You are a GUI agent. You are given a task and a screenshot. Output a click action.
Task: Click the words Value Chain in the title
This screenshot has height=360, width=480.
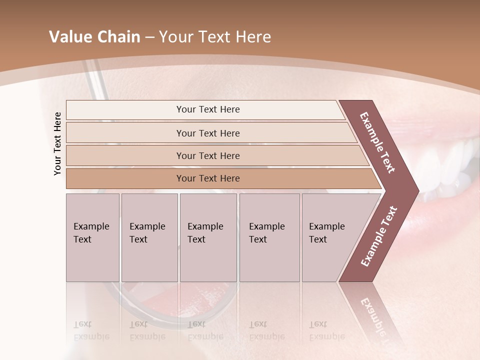[x=94, y=37]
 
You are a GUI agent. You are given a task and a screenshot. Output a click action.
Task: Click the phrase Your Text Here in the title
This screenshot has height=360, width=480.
[x=215, y=37]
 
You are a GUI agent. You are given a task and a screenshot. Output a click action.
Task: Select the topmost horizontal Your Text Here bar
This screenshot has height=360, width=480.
[x=208, y=109]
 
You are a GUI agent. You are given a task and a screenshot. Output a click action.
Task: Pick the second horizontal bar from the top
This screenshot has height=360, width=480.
[x=208, y=133]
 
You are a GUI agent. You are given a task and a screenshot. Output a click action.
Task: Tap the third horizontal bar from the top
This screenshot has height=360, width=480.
[x=208, y=155]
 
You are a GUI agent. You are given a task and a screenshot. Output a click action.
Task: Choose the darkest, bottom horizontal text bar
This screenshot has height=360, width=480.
[x=208, y=178]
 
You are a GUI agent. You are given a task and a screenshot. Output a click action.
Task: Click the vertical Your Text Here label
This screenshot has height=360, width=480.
[x=57, y=143]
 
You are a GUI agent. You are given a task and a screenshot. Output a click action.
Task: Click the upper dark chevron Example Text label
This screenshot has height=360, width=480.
[x=377, y=142]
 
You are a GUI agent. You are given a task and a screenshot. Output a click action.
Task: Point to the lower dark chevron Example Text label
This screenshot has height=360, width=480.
[x=378, y=236]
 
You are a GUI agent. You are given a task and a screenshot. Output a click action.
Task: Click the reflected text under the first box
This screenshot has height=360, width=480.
[x=91, y=330]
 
